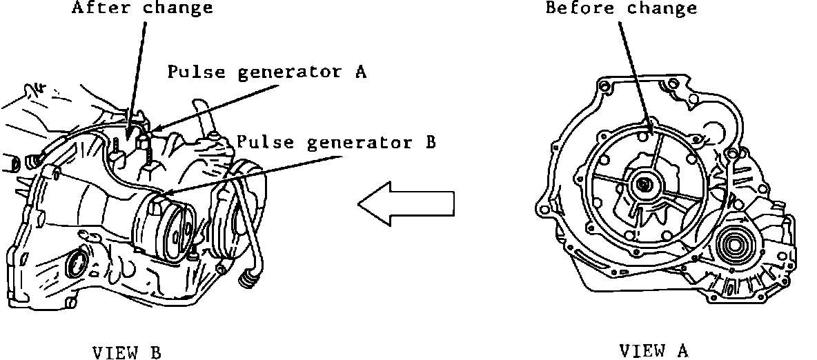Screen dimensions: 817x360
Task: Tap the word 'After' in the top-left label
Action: pyautogui.click(x=97, y=8)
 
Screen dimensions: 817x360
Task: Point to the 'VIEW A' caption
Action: pyautogui.click(x=653, y=350)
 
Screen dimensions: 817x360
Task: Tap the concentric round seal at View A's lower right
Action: pyautogui.click(x=738, y=244)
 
